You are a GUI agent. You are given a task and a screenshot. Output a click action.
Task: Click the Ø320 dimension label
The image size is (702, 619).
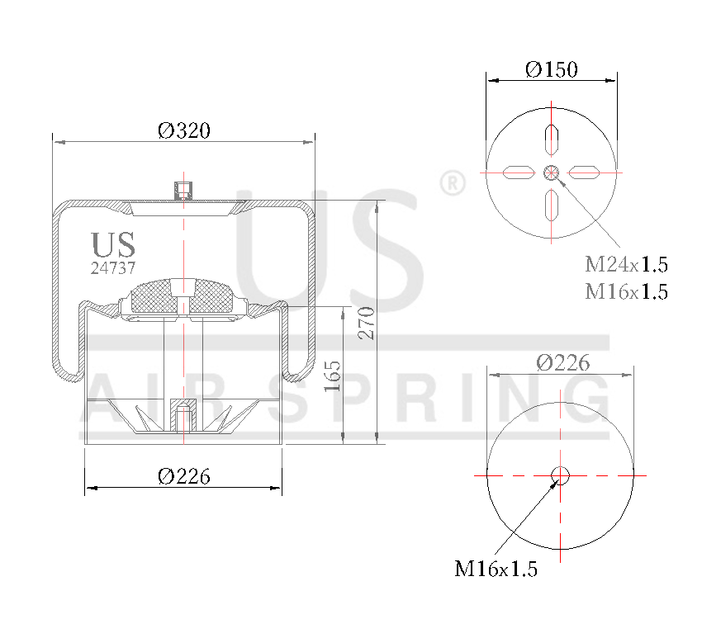click(x=183, y=130)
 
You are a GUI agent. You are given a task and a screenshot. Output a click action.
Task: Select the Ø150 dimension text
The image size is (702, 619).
click(x=551, y=69)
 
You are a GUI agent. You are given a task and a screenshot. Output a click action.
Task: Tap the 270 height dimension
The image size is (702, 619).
click(x=367, y=323)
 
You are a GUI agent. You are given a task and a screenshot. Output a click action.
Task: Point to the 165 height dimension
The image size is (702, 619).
click(x=332, y=376)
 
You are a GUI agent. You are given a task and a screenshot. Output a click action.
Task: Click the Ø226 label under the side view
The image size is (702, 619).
click(x=183, y=476)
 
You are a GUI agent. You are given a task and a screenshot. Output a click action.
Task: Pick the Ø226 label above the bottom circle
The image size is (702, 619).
click(x=562, y=362)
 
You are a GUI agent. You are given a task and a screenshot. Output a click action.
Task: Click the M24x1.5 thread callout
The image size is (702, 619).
click(x=626, y=265)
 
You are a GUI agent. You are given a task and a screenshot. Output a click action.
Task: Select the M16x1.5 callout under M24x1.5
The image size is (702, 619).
click(x=626, y=291)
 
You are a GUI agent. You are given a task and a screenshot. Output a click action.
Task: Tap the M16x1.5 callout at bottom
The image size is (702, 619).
click(x=496, y=569)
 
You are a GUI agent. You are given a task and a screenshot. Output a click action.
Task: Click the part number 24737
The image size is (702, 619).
click(x=113, y=267)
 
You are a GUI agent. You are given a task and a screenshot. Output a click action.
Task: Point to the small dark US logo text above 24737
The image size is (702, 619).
click(x=113, y=245)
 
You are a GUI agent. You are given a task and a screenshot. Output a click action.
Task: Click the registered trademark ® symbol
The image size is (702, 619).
click(x=452, y=183)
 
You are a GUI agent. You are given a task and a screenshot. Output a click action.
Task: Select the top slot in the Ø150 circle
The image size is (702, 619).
click(x=552, y=139)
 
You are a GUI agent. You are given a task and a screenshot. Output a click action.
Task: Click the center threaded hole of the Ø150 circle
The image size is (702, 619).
click(x=552, y=172)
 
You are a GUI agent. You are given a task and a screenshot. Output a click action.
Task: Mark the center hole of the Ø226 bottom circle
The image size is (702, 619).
click(x=561, y=475)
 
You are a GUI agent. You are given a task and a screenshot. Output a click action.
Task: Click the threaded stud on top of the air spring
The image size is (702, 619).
click(x=183, y=190)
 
